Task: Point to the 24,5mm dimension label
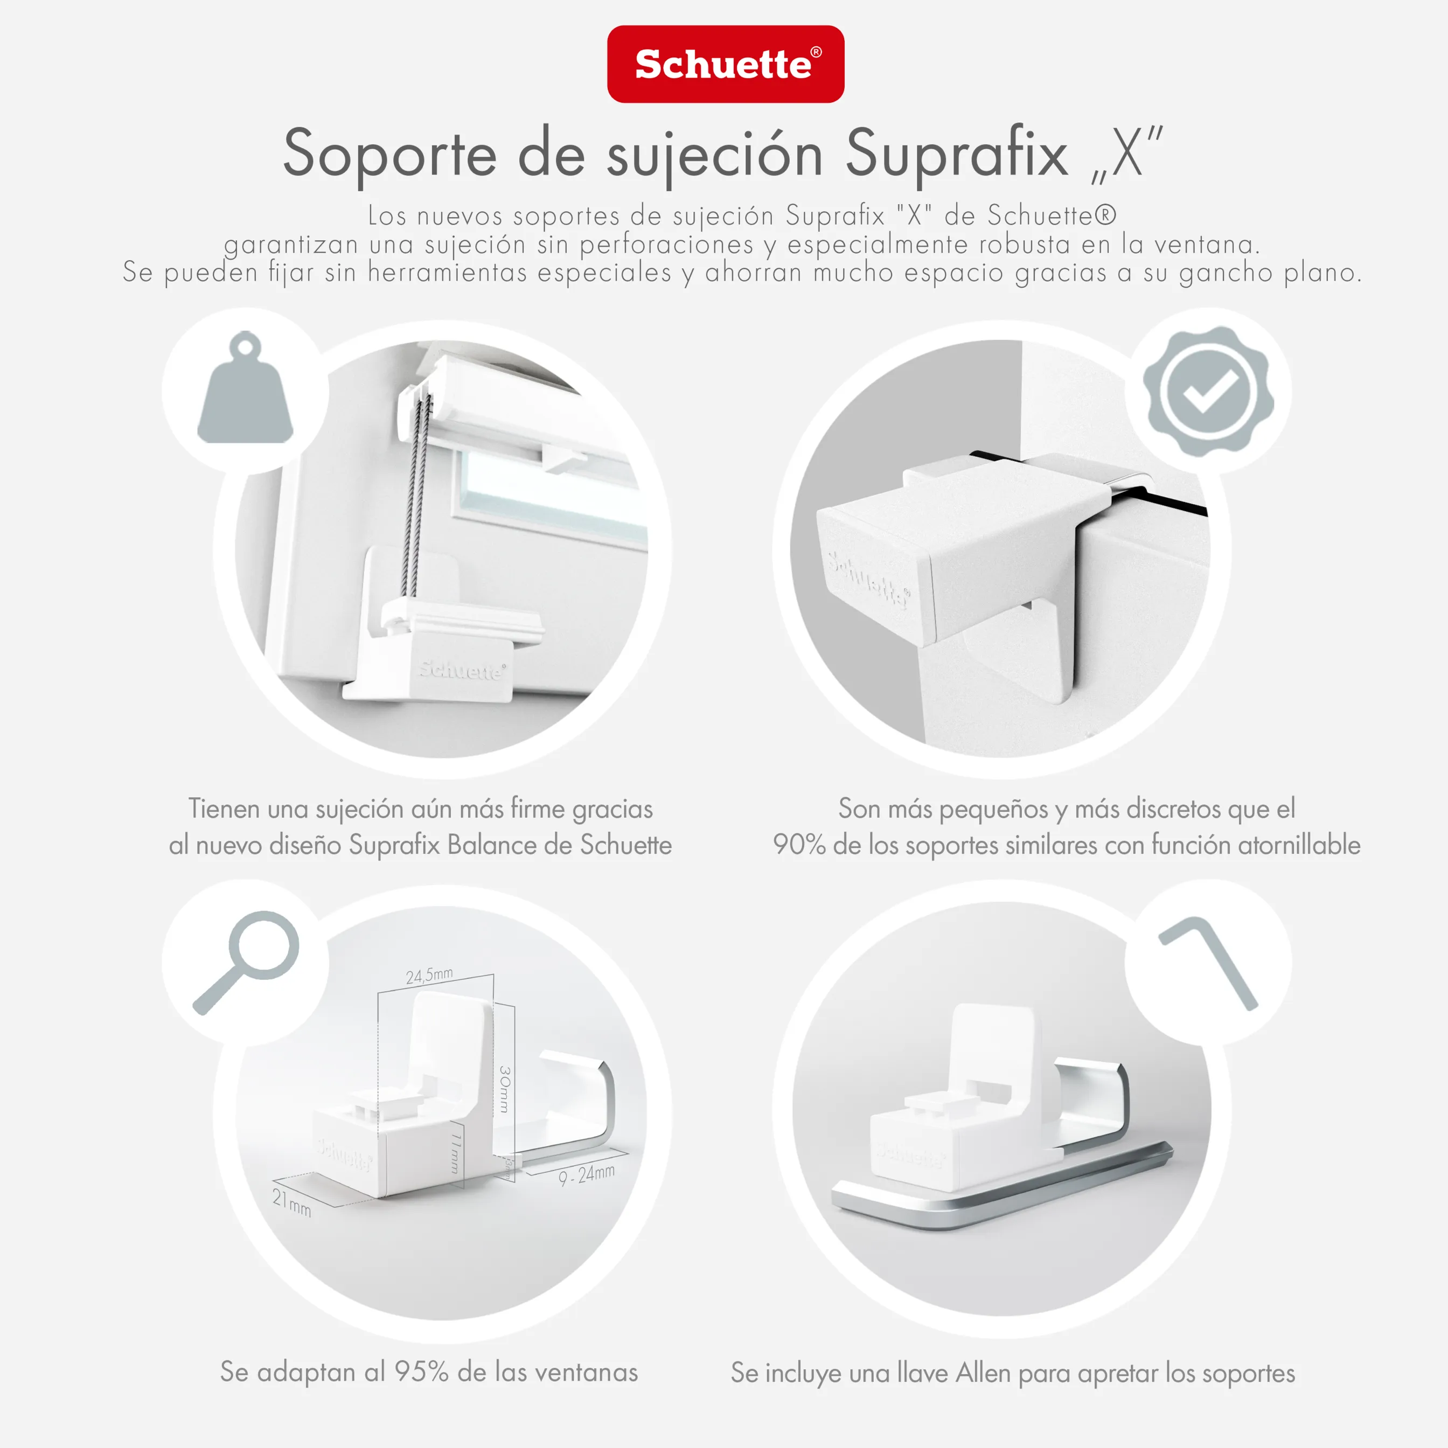(x=429, y=975)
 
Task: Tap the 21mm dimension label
(x=291, y=1202)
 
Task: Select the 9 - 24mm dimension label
(x=587, y=1174)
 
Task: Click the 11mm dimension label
(x=456, y=1153)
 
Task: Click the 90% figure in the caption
(x=798, y=845)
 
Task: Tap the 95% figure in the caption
(x=421, y=1372)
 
